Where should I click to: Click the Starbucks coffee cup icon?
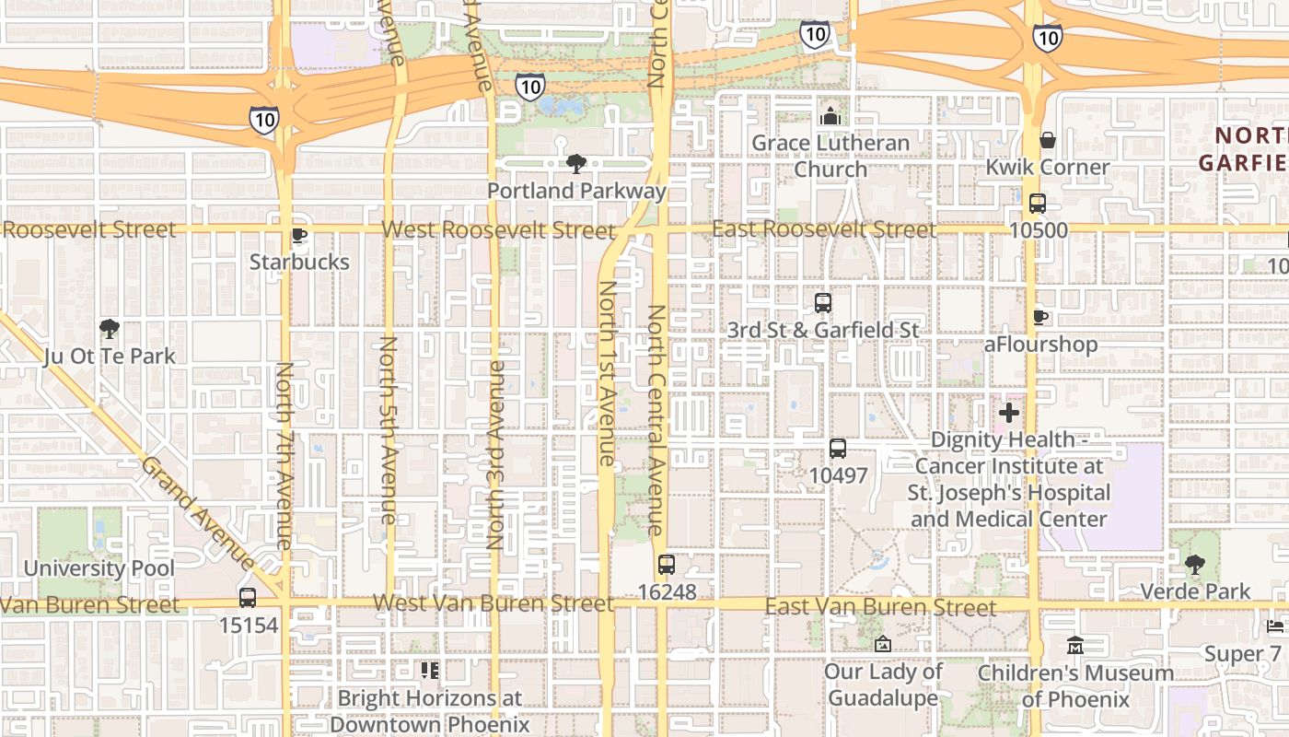[298, 235]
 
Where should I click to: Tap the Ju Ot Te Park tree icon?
[110, 329]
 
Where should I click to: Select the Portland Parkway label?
[576, 191]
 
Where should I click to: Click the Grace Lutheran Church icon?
[830, 116]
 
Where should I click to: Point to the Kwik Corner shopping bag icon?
[1047, 140]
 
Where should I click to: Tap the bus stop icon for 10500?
[1038, 204]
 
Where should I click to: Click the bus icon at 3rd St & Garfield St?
[823, 302]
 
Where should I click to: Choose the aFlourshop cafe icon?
[1040, 317]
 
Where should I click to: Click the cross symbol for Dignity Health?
[1009, 413]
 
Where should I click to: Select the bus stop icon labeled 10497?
[838, 449]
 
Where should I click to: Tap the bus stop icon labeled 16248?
[666, 565]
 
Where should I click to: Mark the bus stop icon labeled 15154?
[248, 598]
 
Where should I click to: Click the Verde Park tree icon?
[1195, 564]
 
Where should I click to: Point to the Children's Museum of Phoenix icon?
[1074, 646]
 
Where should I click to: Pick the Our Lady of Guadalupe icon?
[883, 644]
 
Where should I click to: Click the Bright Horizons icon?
[429, 670]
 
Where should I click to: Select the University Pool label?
[99, 567]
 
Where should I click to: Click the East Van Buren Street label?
[880, 606]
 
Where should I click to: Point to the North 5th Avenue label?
[389, 444]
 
